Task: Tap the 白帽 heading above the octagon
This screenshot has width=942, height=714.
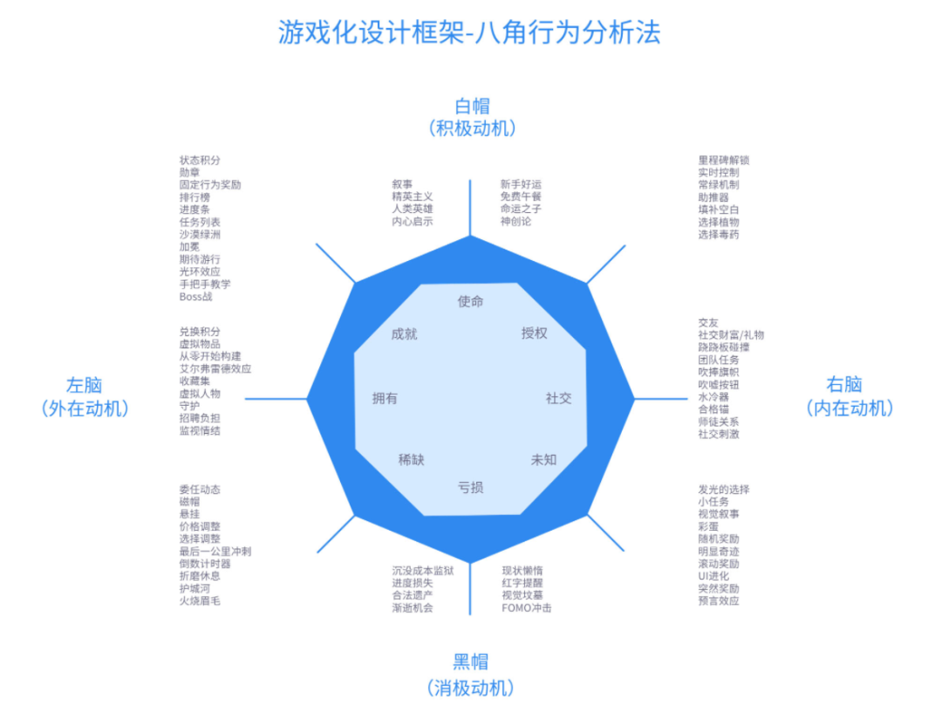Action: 472,106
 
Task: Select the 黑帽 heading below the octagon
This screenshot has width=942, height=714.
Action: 470,661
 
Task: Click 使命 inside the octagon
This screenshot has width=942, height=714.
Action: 470,301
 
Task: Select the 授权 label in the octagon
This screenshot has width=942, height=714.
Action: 534,333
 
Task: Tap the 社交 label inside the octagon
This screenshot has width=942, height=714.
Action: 558,398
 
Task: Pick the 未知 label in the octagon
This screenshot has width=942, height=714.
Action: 543,459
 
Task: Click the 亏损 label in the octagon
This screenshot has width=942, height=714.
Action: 470,487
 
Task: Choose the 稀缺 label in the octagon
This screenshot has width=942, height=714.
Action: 411,459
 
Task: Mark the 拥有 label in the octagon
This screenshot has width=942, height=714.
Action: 385,398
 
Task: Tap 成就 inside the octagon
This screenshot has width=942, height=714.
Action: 404,333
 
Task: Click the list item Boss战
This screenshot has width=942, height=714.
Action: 195,297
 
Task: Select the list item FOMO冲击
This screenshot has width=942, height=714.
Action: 526,608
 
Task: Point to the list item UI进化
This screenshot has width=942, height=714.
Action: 713,576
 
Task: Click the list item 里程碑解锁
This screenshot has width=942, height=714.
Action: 723,161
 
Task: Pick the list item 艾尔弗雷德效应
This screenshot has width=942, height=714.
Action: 215,369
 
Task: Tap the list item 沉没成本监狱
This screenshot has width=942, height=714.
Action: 422,571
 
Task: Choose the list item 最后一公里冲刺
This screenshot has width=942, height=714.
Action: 215,552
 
